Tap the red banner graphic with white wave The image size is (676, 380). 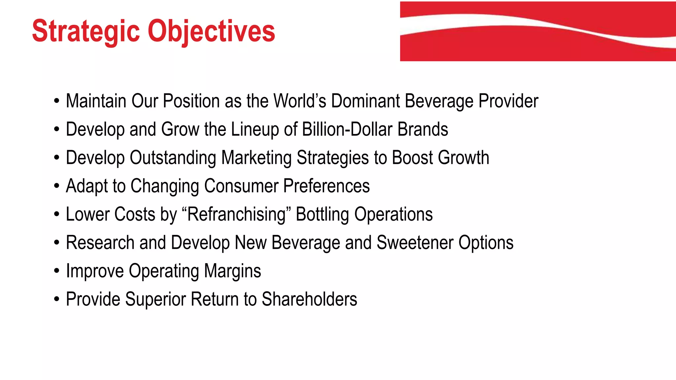538,31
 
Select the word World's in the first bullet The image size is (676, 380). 300,101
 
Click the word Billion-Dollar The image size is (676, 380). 347,129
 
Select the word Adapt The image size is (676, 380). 86,186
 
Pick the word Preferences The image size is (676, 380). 326,186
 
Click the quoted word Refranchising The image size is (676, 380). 236,214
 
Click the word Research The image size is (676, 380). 100,243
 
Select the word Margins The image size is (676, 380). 232,271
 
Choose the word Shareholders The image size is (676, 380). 309,300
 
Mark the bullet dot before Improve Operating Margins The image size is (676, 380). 57,271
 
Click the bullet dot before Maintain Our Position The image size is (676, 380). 57,101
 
